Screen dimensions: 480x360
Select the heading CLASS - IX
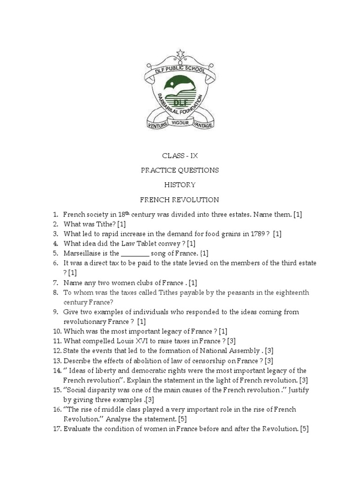pos(180,155)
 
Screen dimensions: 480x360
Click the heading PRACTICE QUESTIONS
pos(180,170)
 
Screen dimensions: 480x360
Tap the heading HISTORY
pos(180,185)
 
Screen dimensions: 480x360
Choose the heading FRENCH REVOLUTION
pos(180,200)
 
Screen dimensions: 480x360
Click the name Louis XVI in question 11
pos(129,341)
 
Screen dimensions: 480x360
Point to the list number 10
pos(57,331)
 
